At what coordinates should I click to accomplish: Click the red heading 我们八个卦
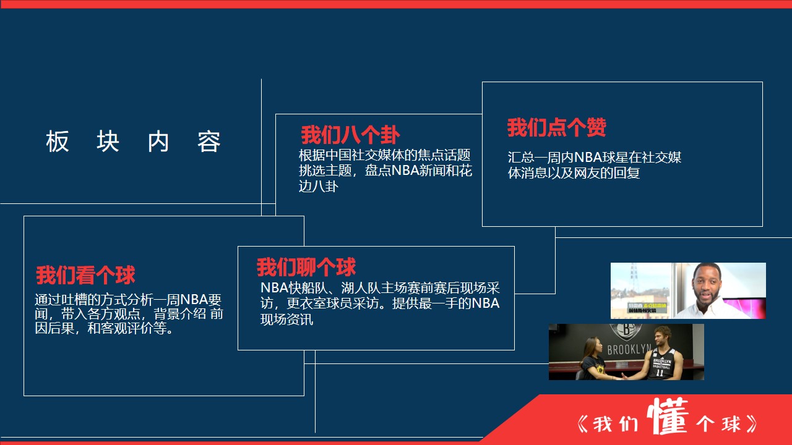pyautogui.click(x=350, y=135)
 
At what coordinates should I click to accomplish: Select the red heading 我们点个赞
pyautogui.click(x=557, y=127)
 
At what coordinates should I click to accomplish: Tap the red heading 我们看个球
pyautogui.click(x=85, y=275)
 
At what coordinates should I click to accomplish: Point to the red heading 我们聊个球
pyautogui.click(x=306, y=267)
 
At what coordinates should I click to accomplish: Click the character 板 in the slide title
pyautogui.click(x=58, y=142)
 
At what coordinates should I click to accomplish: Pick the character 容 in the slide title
pyautogui.click(x=209, y=142)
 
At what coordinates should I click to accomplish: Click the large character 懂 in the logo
pyautogui.click(x=668, y=416)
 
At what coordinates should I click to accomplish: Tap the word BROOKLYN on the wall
pyautogui.click(x=629, y=349)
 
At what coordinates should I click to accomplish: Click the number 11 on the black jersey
pyautogui.click(x=660, y=372)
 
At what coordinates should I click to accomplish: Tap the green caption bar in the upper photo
pyautogui.click(x=647, y=307)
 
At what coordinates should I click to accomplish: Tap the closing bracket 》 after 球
pyautogui.click(x=751, y=424)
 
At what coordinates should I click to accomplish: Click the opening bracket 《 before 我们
pyautogui.click(x=582, y=424)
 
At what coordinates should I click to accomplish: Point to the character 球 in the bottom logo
pyautogui.click(x=731, y=424)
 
